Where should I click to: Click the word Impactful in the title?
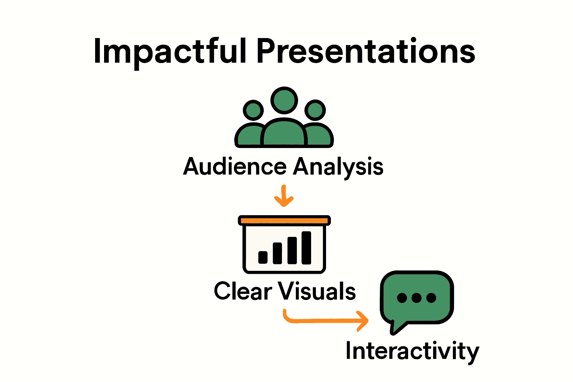pyautogui.click(x=170, y=51)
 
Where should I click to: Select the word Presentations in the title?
pyautogui.click(x=366, y=51)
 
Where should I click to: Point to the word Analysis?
pyautogui.click(x=338, y=166)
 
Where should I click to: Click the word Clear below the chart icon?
pyautogui.click(x=243, y=291)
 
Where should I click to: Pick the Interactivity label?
pyautogui.click(x=412, y=351)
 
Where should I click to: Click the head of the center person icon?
pyautogui.click(x=284, y=100)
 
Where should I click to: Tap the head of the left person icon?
pyautogui.click(x=253, y=110)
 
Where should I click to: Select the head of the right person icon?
pyautogui.click(x=315, y=110)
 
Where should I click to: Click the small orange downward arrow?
pyautogui.click(x=284, y=196)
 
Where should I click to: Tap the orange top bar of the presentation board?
pyautogui.click(x=284, y=220)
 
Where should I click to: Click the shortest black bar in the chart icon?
pyautogui.click(x=263, y=257)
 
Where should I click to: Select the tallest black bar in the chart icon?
pyautogui.click(x=306, y=248)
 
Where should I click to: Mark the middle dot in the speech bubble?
pyautogui.click(x=417, y=298)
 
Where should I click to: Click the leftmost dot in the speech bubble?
pyautogui.click(x=402, y=298)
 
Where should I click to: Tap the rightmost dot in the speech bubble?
pyautogui.click(x=431, y=298)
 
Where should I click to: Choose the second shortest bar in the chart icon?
pyautogui.click(x=277, y=253)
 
